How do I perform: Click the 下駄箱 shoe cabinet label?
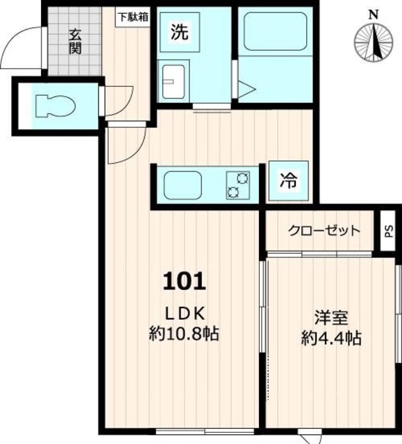pos(133,17)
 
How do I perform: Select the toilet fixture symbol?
pos(56,106)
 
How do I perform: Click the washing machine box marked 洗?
pos(180,32)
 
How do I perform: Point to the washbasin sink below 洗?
pos(173,81)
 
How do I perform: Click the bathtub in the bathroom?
pos(276,31)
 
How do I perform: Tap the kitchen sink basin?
pos(183,185)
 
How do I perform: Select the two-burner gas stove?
pos(238,185)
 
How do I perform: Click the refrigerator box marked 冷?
pos(288,180)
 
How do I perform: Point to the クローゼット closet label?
pos(324,231)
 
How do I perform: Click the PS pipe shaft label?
pos(389,231)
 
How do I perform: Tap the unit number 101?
pos(184,281)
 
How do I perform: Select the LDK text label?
pos(185,314)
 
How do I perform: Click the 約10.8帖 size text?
pos(184,334)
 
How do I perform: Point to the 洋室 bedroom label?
pos(331,318)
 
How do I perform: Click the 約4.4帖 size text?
pos(331,338)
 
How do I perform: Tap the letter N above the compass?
pos(374,15)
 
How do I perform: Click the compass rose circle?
pos(374,42)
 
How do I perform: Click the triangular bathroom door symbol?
pos(246,89)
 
